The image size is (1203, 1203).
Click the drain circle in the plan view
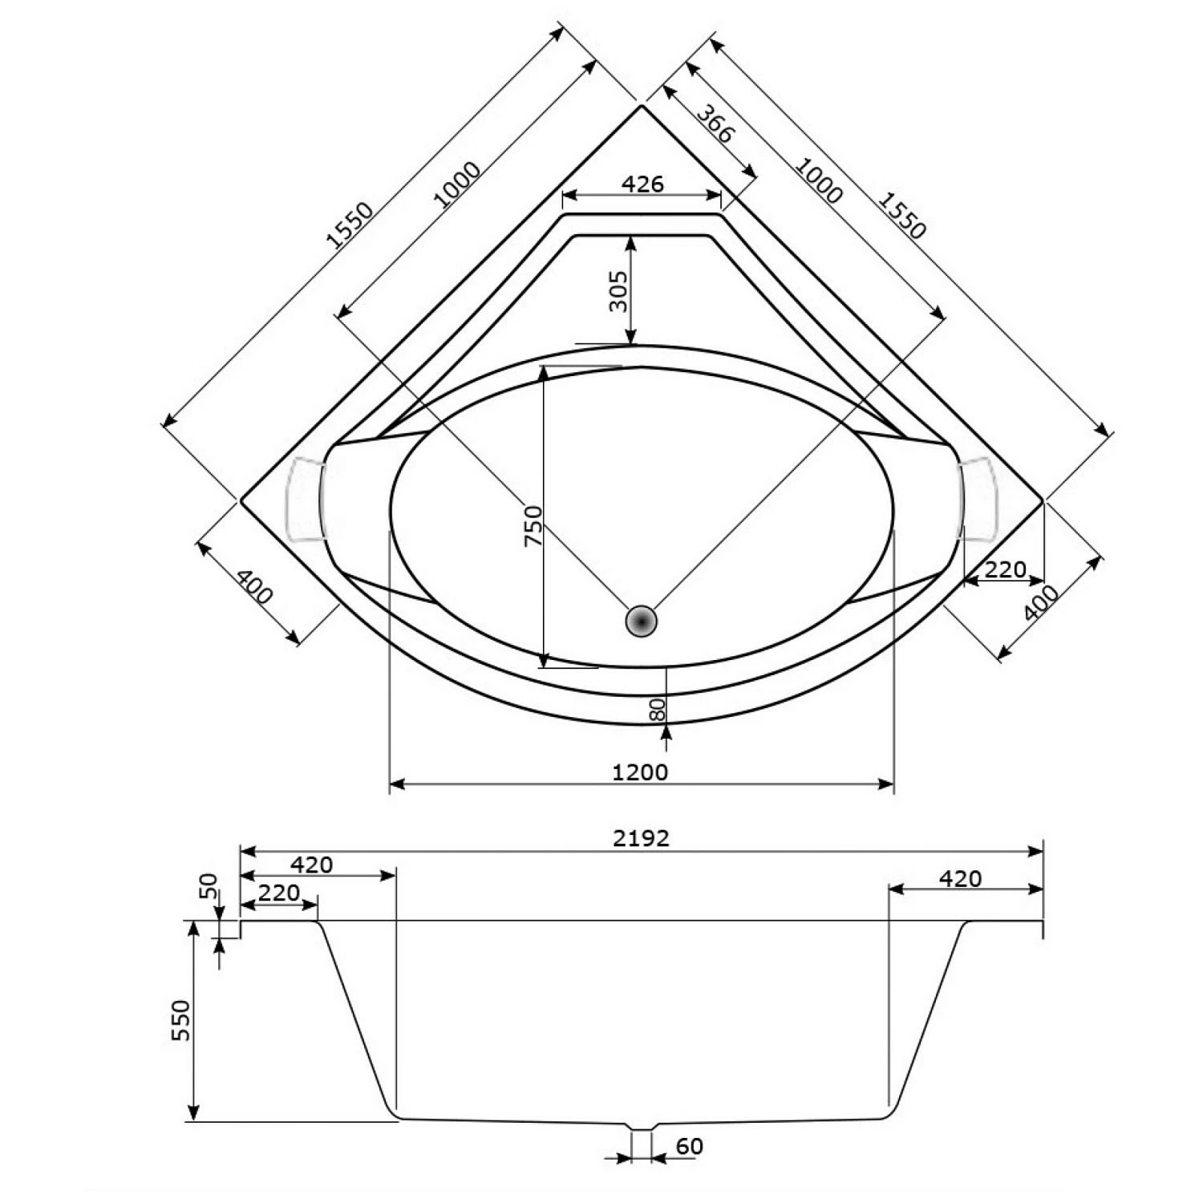point(641,621)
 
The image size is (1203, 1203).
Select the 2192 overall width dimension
point(641,838)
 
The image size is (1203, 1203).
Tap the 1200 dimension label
point(640,772)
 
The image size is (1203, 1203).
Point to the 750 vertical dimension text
point(533,525)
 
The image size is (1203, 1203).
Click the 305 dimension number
point(618,291)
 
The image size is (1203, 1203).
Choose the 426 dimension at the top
point(642,184)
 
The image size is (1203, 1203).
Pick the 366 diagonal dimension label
point(713,124)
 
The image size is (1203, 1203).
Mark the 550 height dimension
point(183,1020)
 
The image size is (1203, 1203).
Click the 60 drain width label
point(689,1147)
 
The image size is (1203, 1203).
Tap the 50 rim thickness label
point(209,885)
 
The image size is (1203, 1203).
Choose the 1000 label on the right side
point(818,180)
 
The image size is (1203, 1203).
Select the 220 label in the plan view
point(1004,569)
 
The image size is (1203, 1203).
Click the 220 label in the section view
point(279,892)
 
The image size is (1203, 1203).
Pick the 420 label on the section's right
point(960,879)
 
